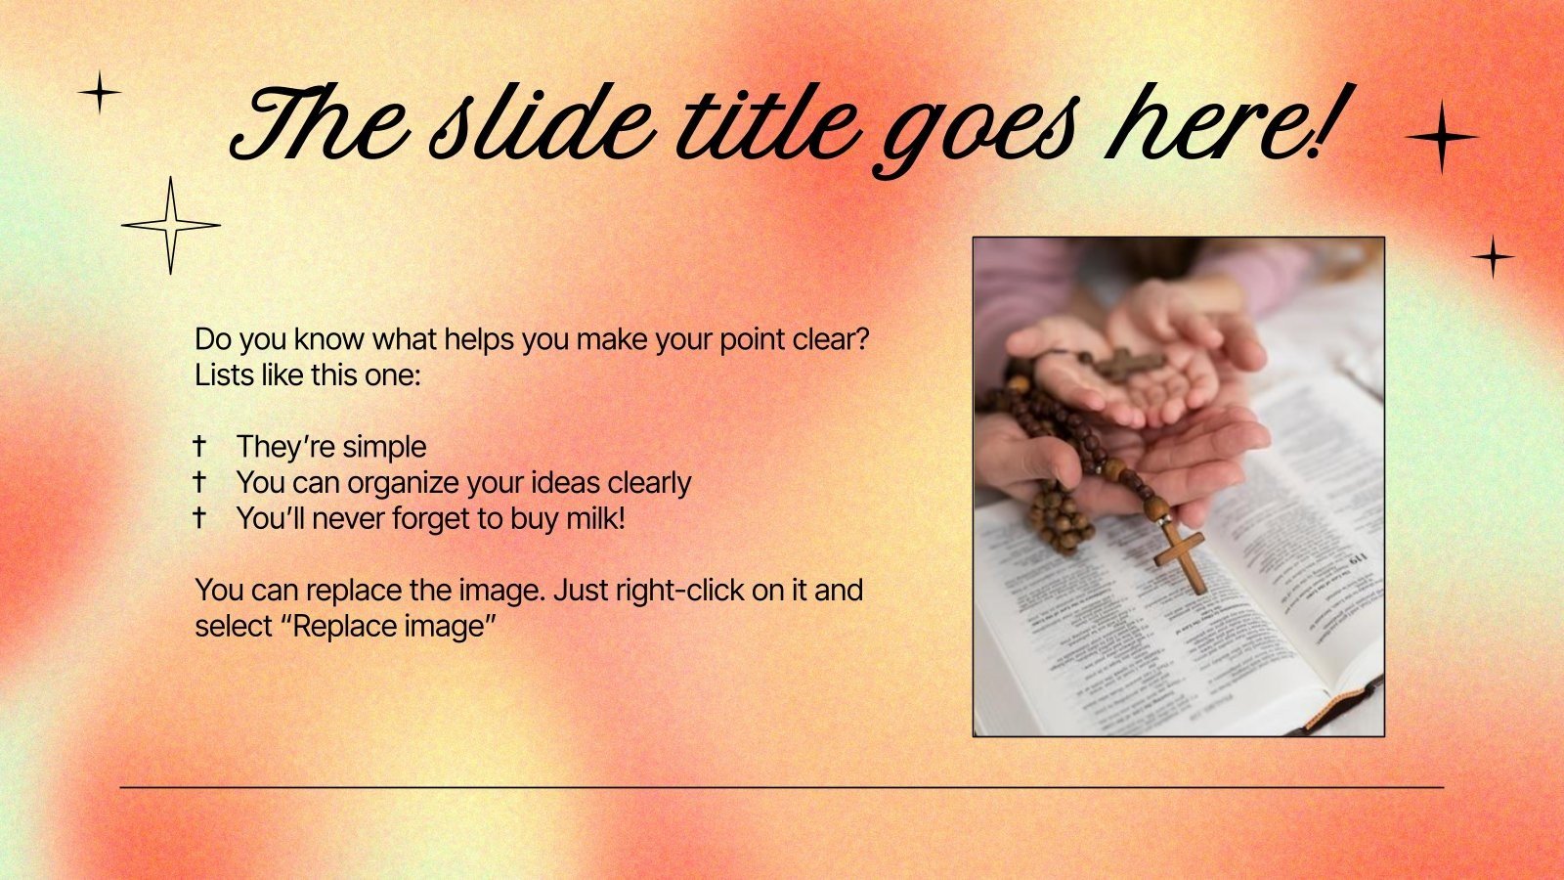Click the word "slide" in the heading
[543, 127]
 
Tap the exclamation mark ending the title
[1325, 122]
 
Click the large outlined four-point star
[171, 226]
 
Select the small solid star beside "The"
[99, 94]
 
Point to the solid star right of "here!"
[1442, 137]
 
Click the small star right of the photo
[1493, 257]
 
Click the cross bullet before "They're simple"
[199, 446]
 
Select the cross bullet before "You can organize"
[199, 482]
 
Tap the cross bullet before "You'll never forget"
[199, 518]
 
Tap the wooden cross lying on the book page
[1181, 555]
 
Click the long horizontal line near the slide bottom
[782, 786]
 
